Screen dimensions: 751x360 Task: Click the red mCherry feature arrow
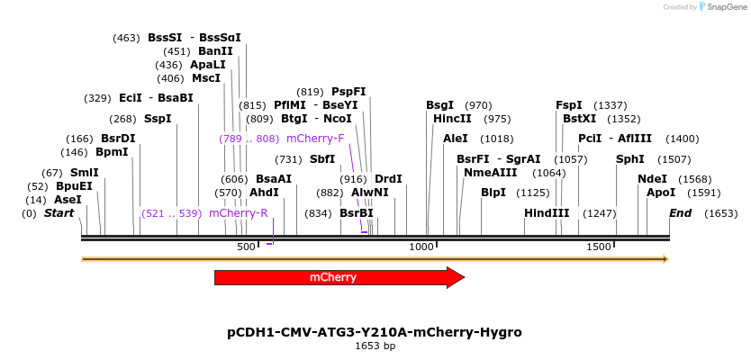339,277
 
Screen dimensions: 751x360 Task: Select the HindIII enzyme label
547,213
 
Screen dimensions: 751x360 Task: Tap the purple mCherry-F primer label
315,139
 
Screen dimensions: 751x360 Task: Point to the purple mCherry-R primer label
238,213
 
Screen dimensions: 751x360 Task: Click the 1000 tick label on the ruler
421,247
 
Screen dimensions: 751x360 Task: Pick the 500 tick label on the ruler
246,247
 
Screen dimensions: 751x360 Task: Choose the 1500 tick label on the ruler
598,247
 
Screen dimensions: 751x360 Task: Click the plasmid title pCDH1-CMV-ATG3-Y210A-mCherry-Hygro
375,332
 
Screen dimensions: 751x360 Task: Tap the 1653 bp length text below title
375,346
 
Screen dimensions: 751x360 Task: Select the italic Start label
59,213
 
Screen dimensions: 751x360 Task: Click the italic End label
680,213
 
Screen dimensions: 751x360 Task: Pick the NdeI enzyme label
652,179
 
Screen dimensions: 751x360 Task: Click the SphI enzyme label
629,159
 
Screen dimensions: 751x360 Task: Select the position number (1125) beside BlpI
532,193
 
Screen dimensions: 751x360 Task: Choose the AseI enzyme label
68,200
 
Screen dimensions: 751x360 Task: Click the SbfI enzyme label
321,159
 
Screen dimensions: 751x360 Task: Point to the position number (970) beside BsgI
478,105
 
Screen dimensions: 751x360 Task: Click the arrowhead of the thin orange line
665,259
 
